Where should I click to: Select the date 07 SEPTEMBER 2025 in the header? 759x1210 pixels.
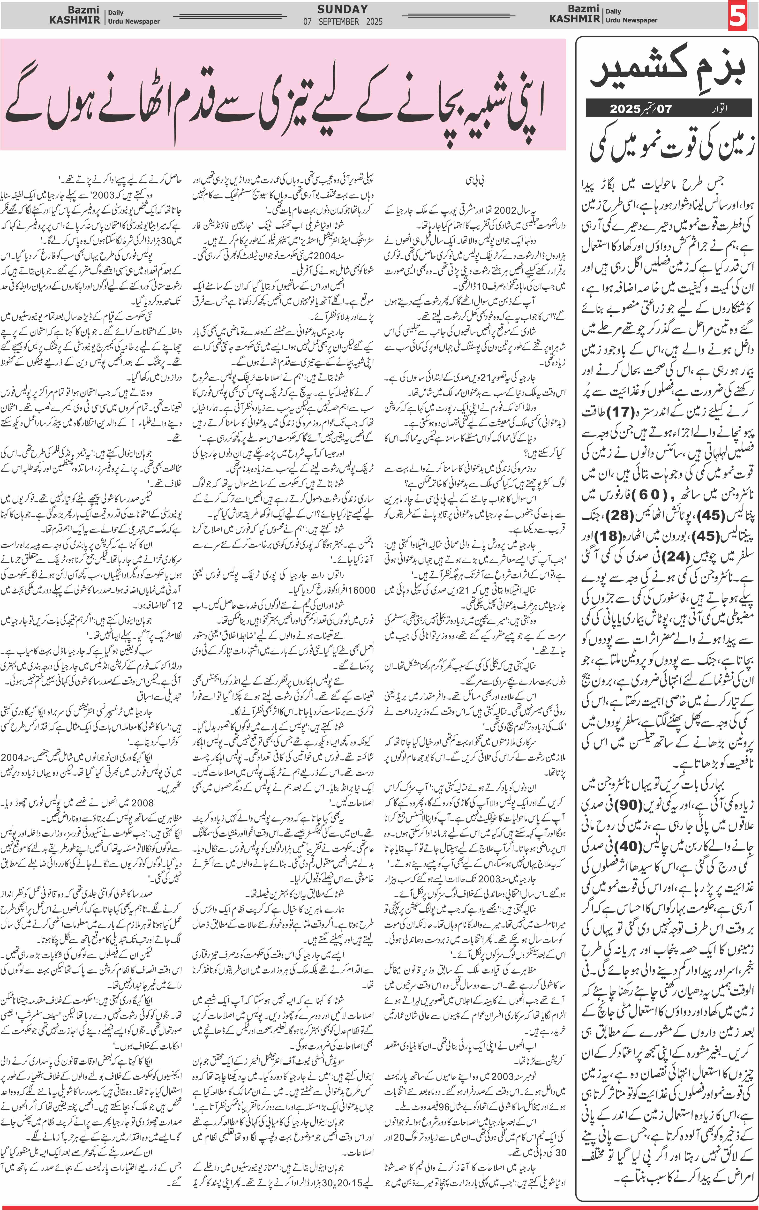coord(342,22)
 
